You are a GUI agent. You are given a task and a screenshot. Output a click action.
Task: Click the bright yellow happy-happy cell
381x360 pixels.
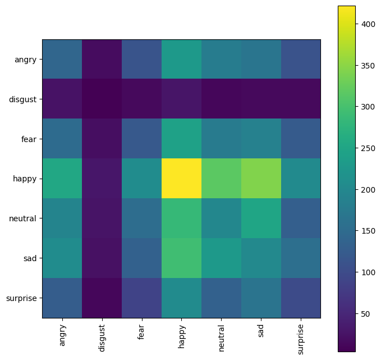coord(181,179)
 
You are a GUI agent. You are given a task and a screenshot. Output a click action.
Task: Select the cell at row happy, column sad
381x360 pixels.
coord(261,179)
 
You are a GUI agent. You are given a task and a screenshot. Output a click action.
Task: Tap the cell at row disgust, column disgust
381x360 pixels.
coord(102,99)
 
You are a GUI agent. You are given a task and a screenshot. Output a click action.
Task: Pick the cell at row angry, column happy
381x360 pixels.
coord(181,60)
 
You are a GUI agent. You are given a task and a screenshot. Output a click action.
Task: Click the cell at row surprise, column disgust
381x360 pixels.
coord(102,298)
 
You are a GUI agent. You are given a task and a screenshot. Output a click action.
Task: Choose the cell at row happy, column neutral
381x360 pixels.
coord(221,179)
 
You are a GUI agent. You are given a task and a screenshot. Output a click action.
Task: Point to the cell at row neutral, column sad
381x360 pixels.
coord(261,218)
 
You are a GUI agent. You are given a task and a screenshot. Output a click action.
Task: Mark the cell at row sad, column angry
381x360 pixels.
coord(62,258)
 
